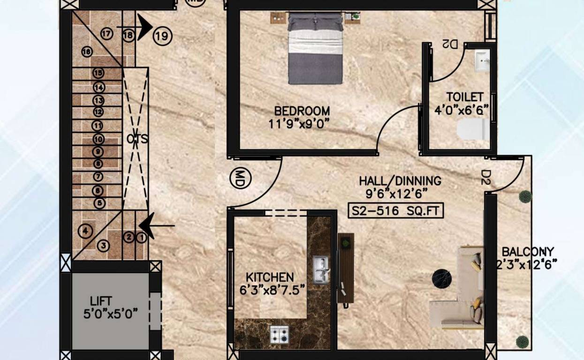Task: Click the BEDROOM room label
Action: (302, 112)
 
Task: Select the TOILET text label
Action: (464, 97)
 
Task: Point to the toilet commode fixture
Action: (473, 129)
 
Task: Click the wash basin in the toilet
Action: (482, 61)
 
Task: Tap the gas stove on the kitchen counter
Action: (279, 333)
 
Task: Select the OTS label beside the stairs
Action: (137, 139)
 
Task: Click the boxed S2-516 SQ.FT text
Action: (395, 211)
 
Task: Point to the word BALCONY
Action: (528, 252)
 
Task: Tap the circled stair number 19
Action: (162, 36)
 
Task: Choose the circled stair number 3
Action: (104, 245)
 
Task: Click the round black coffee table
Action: (441, 278)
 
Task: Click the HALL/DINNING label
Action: (400, 181)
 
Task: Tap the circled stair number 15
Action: (98, 73)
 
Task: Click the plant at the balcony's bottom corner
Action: (523, 342)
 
